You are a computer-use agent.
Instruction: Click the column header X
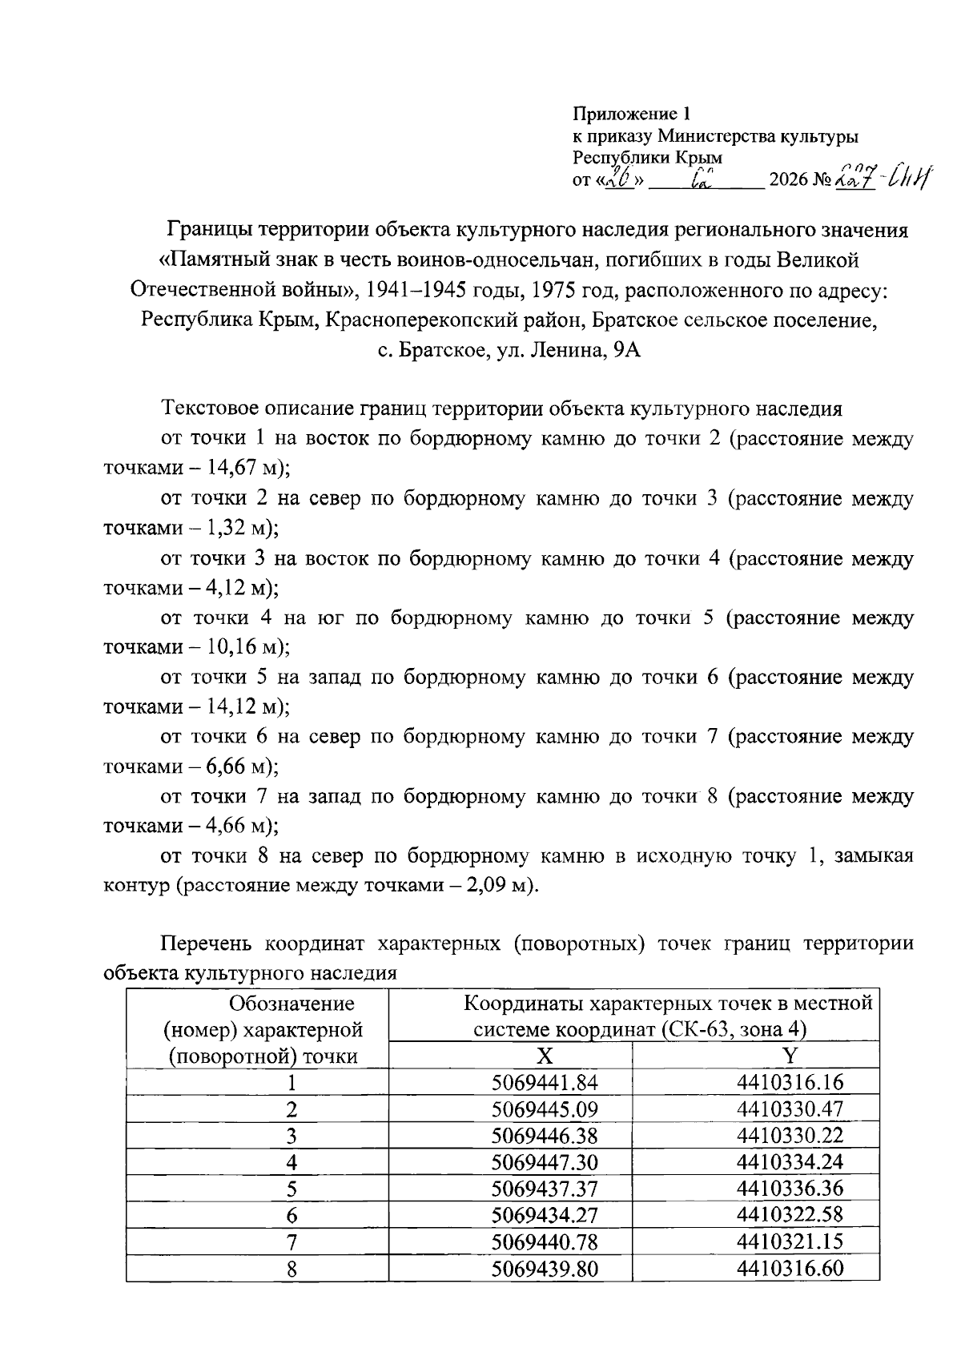pos(545,1055)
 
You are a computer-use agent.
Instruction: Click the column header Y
pos(790,1055)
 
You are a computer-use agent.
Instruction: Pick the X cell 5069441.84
pos(545,1083)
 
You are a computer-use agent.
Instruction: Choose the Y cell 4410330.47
pos(790,1109)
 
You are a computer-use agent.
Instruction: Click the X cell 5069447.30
pos(545,1162)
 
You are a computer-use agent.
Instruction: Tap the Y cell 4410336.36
pos(790,1189)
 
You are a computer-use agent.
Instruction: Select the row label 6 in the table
pos(292,1216)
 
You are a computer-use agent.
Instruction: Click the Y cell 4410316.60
pos(790,1269)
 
